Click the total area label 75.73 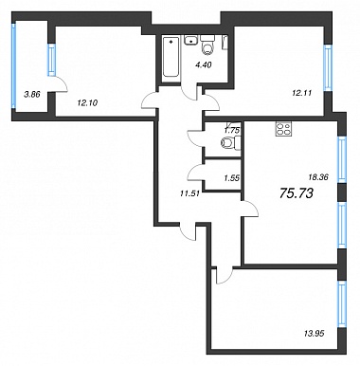click(297, 192)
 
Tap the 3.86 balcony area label click(32, 94)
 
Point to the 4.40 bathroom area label click(203, 64)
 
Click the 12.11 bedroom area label click(301, 93)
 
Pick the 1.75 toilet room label click(232, 130)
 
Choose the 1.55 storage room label click(232, 178)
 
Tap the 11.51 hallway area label click(189, 194)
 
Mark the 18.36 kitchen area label click(318, 177)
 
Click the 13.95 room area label click(314, 333)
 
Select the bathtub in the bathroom click(171, 57)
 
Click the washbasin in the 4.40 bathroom click(190, 41)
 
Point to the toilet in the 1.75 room click(231, 142)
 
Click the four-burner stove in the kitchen click(283, 129)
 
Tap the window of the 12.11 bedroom click(328, 67)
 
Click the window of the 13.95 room click(341, 303)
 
